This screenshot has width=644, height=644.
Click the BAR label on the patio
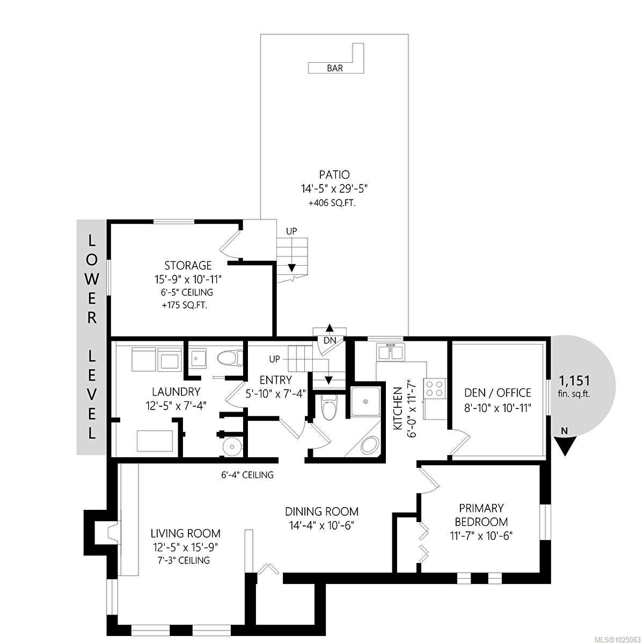334,69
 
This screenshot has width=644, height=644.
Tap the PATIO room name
334,175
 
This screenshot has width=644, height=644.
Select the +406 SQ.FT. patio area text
332,203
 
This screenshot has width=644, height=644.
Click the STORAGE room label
188,265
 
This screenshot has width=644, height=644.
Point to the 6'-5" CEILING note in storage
186,292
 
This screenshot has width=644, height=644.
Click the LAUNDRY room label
176,391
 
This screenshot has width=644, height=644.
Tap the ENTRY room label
275,380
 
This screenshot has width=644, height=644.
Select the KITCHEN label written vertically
397,408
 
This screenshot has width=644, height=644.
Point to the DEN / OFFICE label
497,393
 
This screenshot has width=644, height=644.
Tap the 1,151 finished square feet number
574,380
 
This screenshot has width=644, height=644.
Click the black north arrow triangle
565,447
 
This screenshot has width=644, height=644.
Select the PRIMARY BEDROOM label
481,515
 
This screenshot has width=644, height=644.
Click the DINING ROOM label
321,511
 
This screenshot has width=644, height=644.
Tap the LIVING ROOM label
185,533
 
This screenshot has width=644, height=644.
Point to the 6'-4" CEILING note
247,474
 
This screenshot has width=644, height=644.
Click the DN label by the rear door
329,340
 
